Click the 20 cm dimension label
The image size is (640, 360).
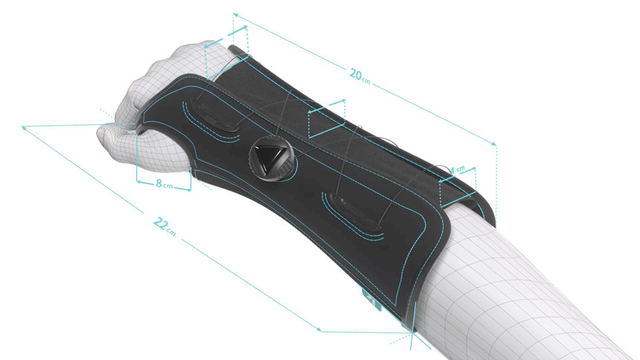click(359, 76)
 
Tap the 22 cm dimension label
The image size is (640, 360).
click(164, 226)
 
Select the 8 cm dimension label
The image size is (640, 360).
click(164, 184)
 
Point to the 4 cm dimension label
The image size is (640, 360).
click(457, 170)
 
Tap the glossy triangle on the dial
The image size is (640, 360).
click(268, 155)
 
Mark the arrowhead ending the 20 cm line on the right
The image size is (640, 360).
click(494, 144)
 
